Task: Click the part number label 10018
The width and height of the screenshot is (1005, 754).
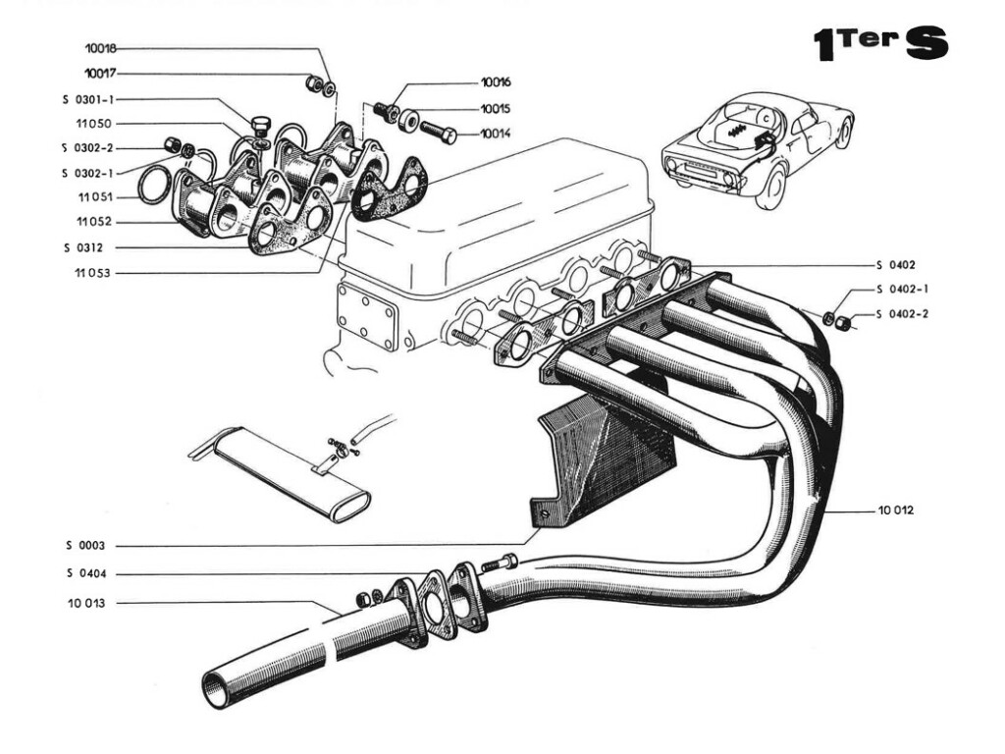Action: point(101,47)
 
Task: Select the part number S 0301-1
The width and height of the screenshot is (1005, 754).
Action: point(89,98)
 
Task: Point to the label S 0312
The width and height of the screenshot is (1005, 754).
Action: point(86,247)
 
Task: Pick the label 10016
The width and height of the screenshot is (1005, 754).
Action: point(496,82)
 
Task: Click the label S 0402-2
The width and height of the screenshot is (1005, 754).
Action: point(903,314)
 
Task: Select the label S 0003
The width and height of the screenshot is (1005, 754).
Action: point(85,545)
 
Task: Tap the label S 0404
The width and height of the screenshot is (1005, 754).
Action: point(86,573)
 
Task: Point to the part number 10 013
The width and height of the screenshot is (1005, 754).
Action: point(86,603)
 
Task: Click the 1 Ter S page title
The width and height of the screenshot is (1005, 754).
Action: point(879,44)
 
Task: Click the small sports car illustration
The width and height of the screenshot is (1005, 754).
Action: point(756,147)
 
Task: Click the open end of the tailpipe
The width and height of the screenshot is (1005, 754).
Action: point(217,688)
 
